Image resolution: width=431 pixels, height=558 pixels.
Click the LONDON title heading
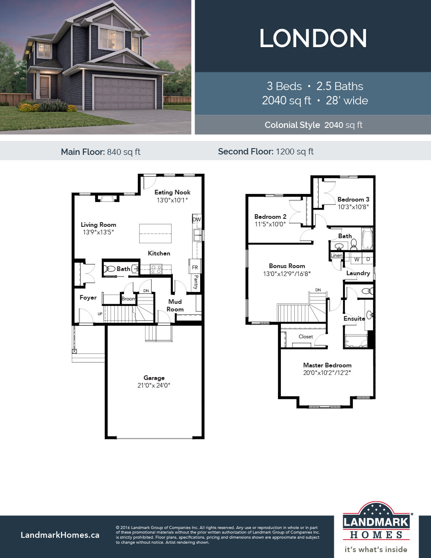[313, 39]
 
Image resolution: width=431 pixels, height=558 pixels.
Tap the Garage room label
[154, 378]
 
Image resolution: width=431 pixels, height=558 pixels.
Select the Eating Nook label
[172, 192]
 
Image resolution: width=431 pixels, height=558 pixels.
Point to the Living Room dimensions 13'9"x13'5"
[98, 232]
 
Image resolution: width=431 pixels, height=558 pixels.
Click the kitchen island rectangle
[155, 234]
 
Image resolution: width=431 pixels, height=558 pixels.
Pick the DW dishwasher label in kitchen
[196, 220]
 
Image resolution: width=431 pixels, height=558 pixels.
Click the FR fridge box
[195, 267]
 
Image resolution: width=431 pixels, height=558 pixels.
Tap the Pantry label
[196, 282]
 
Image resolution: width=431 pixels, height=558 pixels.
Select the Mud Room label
[175, 305]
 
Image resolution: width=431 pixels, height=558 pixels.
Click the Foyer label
[88, 298]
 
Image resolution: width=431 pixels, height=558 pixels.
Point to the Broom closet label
[128, 299]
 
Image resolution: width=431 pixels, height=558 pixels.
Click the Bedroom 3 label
[353, 199]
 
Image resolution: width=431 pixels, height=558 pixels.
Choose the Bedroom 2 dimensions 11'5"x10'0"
[270, 224]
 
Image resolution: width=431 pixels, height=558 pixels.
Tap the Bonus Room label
[287, 266]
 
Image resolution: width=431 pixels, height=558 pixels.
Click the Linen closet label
[336, 255]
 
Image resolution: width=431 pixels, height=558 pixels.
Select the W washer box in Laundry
[357, 260]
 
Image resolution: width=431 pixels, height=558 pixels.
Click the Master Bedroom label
[327, 365]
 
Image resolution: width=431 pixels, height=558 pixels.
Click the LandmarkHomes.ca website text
[60, 535]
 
